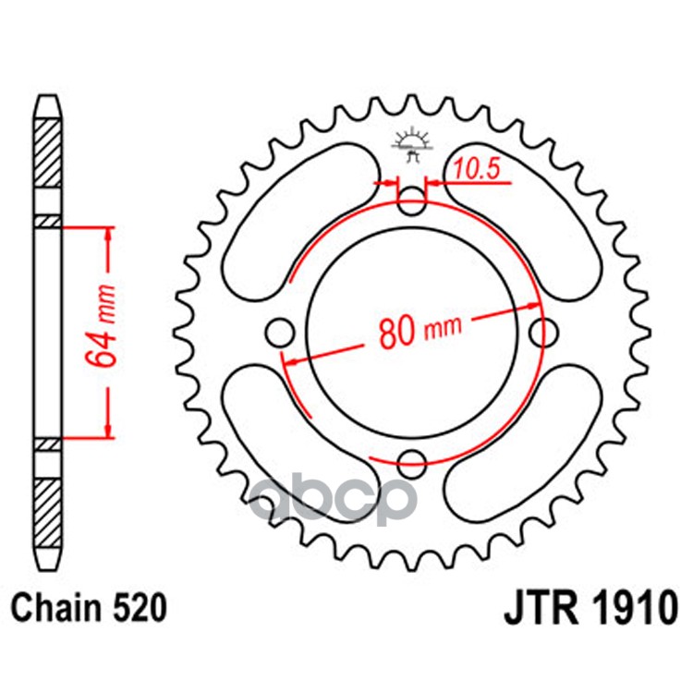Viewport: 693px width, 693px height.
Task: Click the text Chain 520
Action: tap(90, 610)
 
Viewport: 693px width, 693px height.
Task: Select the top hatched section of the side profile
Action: tap(47, 152)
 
